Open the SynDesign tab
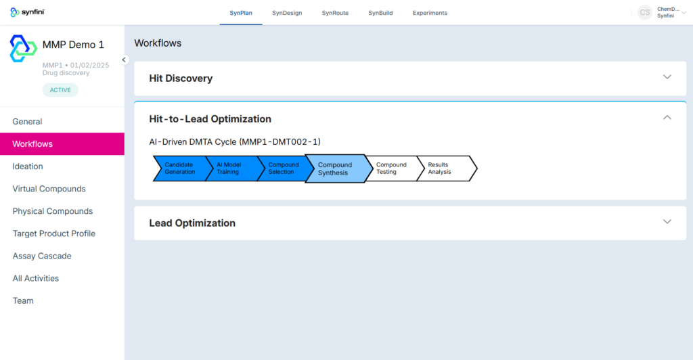[x=287, y=13]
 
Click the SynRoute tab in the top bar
[x=335, y=13]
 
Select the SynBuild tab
[x=380, y=13]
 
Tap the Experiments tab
[x=430, y=13]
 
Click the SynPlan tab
[x=241, y=13]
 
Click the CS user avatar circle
[x=645, y=12]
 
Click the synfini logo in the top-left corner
[x=27, y=12]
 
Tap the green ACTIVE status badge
[x=60, y=90]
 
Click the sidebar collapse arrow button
[x=125, y=60]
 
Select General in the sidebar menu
[x=27, y=122]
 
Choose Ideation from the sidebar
[x=28, y=166]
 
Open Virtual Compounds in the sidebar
[x=49, y=189]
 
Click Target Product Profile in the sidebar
[x=54, y=233]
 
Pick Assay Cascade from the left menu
[x=42, y=256]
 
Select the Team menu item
[x=23, y=301]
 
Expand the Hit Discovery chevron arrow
[x=667, y=77]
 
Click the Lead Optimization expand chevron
[x=667, y=222]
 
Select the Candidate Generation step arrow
[x=180, y=168]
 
